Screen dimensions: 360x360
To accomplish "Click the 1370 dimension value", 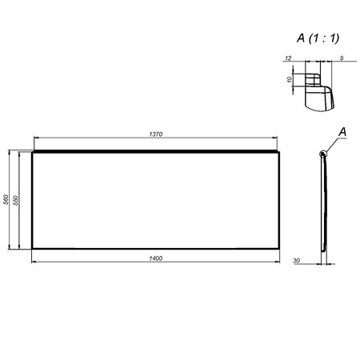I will click(155, 134).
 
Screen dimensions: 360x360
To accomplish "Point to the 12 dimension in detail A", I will click(288, 58).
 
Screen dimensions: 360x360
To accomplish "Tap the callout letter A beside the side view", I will click(342, 131).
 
